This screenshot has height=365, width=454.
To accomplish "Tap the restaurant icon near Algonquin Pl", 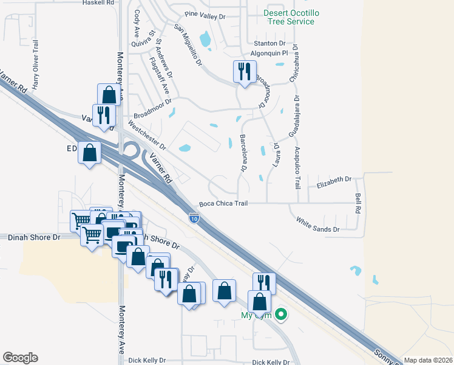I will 244,72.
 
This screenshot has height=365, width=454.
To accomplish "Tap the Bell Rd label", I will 358,204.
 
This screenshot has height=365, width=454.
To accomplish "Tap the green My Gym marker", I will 280,315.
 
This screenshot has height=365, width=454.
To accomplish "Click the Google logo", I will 20,357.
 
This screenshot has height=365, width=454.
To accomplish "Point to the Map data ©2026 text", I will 427,360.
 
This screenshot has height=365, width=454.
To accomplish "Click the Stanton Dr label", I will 269,44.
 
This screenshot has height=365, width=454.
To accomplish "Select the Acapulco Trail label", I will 298,168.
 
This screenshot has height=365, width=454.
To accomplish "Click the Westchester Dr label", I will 147,136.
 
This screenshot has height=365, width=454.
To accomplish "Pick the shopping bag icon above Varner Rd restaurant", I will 109,96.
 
